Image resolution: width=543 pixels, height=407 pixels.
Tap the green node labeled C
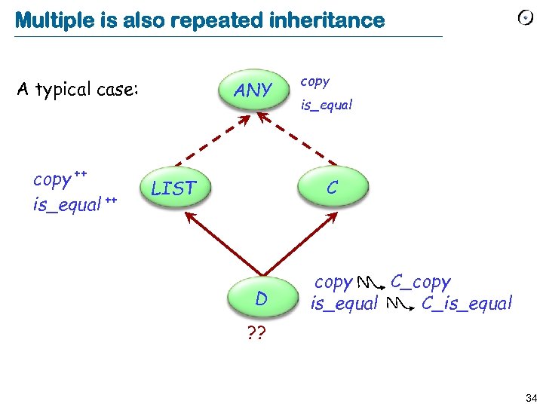click(333, 187)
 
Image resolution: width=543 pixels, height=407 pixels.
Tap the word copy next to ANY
click(315, 81)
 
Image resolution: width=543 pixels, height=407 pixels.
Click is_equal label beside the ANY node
click(327, 106)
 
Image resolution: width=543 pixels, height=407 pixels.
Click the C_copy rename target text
click(421, 282)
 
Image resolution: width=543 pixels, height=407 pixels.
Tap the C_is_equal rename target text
click(467, 304)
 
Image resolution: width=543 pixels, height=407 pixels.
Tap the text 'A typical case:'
click(78, 90)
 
